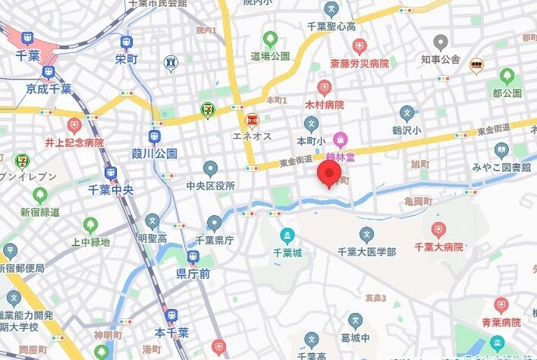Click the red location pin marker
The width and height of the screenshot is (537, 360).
[x=330, y=174]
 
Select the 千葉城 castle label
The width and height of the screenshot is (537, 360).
[x=287, y=252]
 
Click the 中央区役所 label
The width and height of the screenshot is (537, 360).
[x=210, y=185]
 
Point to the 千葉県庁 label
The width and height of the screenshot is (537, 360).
[x=215, y=240]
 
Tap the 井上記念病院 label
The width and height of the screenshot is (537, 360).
[x=74, y=142]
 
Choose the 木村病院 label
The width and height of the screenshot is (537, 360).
[x=325, y=105]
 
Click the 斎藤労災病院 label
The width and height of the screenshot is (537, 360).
[x=360, y=64]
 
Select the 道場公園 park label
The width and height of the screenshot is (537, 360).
[x=271, y=56]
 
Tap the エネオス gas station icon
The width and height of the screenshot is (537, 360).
[x=251, y=120]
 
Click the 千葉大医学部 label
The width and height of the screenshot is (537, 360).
[x=367, y=251]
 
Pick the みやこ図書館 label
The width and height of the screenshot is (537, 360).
[x=500, y=167]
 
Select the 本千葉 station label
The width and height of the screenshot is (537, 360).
[x=171, y=333]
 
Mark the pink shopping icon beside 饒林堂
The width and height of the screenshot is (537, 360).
[x=341, y=139]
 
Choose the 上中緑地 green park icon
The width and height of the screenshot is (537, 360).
[x=90, y=225]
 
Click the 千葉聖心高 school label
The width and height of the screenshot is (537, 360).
[x=331, y=26]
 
